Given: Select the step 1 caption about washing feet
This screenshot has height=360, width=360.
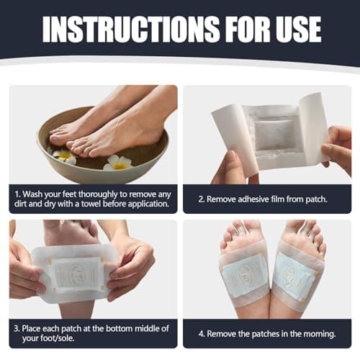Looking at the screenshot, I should (x=92, y=199).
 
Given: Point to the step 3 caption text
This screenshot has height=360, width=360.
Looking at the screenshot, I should (x=92, y=333).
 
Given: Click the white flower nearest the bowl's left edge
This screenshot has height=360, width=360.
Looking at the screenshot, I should (x=63, y=154).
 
